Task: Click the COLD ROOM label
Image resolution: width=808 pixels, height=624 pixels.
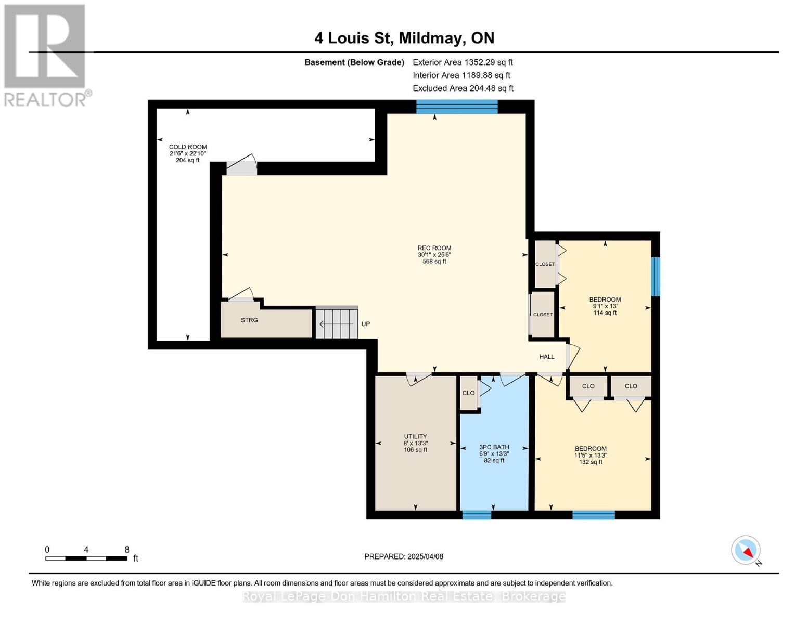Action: tap(188, 147)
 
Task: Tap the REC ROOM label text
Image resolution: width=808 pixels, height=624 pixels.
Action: tap(434, 248)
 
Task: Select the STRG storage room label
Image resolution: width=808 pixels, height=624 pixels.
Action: tap(249, 320)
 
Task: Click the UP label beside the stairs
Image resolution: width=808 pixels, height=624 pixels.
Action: tap(366, 324)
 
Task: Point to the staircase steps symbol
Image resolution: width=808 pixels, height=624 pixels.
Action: tap(337, 322)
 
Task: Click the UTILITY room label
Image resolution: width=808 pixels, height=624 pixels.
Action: tap(415, 436)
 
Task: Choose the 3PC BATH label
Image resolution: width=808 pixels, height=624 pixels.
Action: tap(494, 447)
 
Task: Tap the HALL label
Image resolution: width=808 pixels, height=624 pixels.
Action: tap(547, 357)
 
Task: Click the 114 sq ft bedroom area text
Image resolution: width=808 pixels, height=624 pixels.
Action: tap(605, 313)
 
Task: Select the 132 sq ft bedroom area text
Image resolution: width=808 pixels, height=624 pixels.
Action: tap(591, 462)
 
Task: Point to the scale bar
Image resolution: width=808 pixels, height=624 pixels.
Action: tap(86, 558)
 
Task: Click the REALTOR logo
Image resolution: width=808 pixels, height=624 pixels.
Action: tap(46, 56)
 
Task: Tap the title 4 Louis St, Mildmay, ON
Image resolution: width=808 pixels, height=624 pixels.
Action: tap(404, 38)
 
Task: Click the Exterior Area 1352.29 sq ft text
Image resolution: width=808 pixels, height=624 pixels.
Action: tap(463, 62)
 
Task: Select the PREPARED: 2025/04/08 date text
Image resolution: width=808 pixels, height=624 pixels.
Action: tap(404, 556)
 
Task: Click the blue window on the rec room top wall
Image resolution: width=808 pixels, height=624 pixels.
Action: tap(457, 107)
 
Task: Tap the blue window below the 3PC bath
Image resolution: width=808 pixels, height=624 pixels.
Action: tap(477, 515)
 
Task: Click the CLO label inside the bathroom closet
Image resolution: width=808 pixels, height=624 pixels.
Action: tap(468, 393)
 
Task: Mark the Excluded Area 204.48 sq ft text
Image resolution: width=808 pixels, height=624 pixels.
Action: tap(463, 88)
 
